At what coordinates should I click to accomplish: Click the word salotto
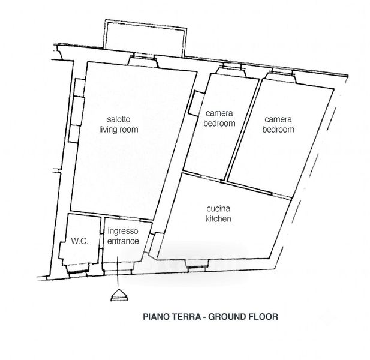119,119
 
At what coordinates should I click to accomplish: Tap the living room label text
119,130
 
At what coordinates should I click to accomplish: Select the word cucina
218,209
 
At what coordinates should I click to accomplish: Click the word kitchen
218,218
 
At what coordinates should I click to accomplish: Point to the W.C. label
80,241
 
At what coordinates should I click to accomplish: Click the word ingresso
123,231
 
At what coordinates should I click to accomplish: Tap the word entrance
123,241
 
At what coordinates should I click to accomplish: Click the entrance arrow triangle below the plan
119,295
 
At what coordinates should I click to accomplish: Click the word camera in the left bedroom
219,113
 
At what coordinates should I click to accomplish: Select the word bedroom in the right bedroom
278,130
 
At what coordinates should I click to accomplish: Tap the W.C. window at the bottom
77,272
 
